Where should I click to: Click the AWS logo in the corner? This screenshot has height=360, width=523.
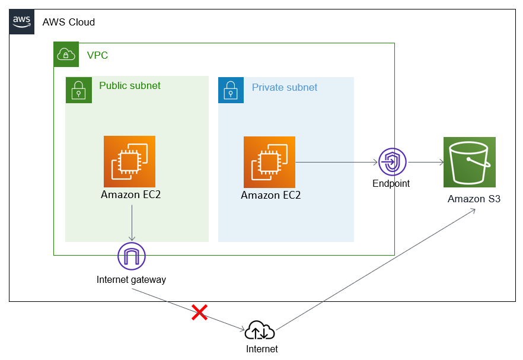pyautogui.click(x=22, y=22)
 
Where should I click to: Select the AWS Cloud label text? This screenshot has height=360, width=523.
pyautogui.click(x=68, y=23)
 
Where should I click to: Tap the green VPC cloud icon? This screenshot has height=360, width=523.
pyautogui.click(x=66, y=55)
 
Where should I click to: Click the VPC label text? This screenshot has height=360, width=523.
pyautogui.click(x=97, y=56)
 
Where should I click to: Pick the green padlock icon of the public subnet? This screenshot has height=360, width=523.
pyautogui.click(x=78, y=90)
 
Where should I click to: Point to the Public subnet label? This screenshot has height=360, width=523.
pyautogui.click(x=130, y=86)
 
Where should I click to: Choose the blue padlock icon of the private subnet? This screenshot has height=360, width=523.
pyautogui.click(x=231, y=90)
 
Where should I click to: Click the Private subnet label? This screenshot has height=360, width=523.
pyautogui.click(x=285, y=88)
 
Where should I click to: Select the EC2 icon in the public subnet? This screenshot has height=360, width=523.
pyautogui.click(x=129, y=161)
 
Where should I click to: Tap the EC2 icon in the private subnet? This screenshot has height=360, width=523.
pyautogui.click(x=269, y=162)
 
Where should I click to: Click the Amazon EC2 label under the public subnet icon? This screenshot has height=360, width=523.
pyautogui.click(x=130, y=195)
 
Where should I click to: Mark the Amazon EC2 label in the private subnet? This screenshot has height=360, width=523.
pyautogui.click(x=270, y=195)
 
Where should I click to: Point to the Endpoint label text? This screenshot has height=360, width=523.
pyautogui.click(x=391, y=184)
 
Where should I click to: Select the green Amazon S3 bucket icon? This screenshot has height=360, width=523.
pyautogui.click(x=469, y=163)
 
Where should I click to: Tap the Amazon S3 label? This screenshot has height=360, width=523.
pyautogui.click(x=474, y=199)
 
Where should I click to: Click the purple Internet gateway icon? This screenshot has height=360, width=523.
pyautogui.click(x=132, y=256)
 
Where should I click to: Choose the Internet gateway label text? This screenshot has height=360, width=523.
pyautogui.click(x=131, y=280)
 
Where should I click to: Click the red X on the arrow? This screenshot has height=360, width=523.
pyautogui.click(x=199, y=313)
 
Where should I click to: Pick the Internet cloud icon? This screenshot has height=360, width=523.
pyautogui.click(x=261, y=330)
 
